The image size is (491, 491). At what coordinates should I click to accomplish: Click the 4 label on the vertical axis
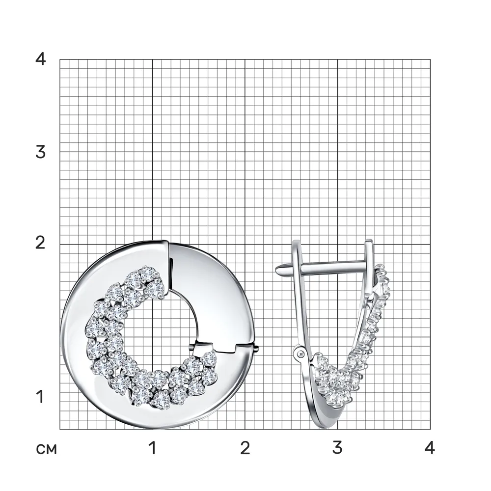coord(40,58)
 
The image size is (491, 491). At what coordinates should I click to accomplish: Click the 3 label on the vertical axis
coord(40,152)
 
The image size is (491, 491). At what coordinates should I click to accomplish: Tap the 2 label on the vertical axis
coord(40,243)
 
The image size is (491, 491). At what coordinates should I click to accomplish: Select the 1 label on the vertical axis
coord(40,397)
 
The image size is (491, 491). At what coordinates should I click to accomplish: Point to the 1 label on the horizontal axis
coord(153,448)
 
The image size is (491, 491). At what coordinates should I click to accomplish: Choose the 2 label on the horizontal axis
coord(245,448)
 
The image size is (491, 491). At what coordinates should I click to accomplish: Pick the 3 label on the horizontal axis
coord(337,448)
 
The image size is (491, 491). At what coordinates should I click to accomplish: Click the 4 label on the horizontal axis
coord(430,448)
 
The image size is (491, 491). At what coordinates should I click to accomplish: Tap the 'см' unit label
coord(46,449)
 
